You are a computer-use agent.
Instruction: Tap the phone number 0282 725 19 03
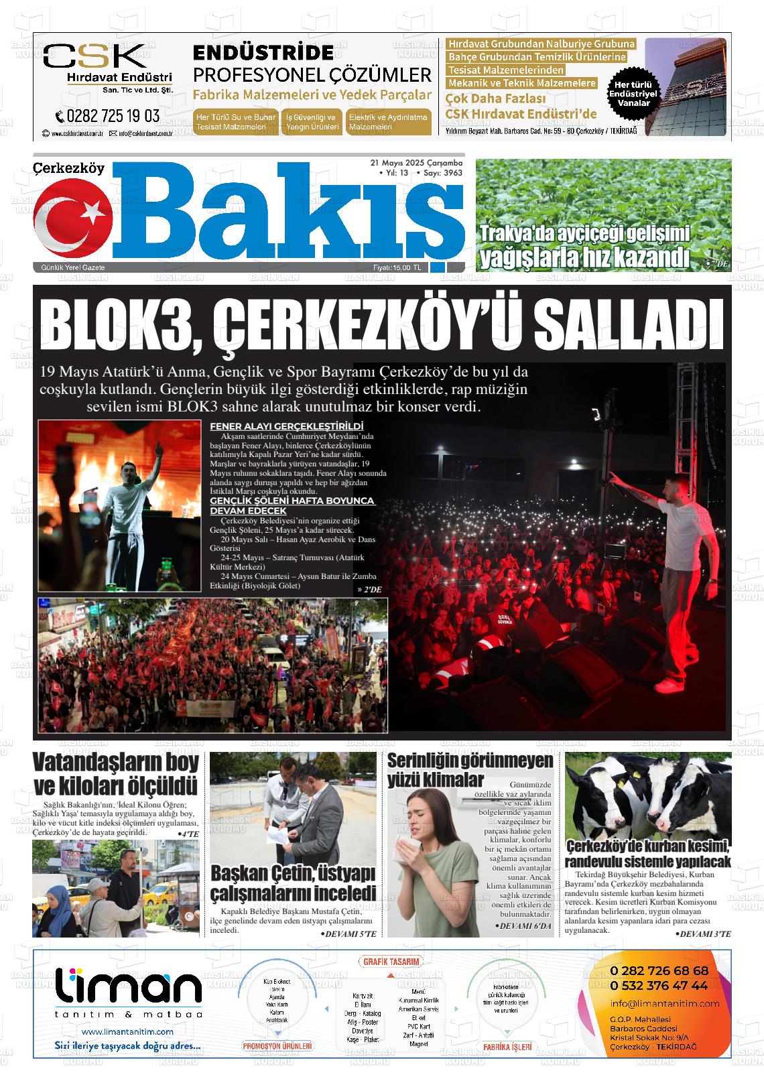pos(108,116)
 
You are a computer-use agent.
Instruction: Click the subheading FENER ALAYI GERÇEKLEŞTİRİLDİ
pos(286,426)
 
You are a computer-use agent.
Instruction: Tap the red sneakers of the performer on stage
pos(667,686)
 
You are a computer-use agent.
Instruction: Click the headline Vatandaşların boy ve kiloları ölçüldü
pos(115,774)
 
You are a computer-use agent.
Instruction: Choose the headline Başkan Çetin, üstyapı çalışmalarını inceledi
pos(293,883)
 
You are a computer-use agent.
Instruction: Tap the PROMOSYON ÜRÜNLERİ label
pos(277,1045)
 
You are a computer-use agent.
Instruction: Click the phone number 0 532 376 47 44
pos(659,985)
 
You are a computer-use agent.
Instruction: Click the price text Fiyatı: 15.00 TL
pos(397,268)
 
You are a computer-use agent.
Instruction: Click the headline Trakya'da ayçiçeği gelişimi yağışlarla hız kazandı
pos(584,245)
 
